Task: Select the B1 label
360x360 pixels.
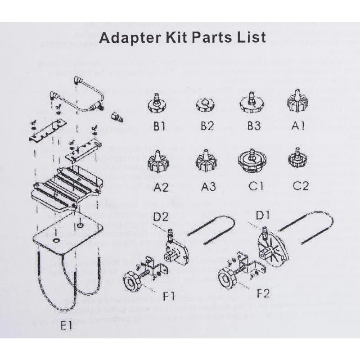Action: tap(159, 126)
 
